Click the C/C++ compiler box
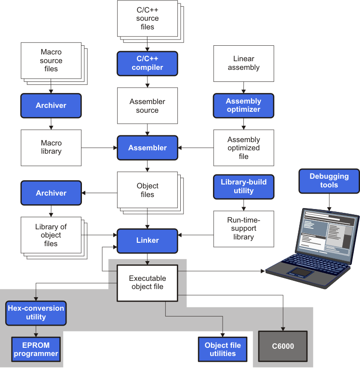(x=147, y=63)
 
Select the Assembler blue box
(x=147, y=148)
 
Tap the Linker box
(x=147, y=240)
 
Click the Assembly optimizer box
(x=243, y=105)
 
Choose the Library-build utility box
(x=243, y=186)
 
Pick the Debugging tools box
(x=329, y=181)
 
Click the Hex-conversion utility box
(x=36, y=313)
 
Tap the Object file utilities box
(x=223, y=349)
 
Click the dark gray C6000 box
(x=283, y=346)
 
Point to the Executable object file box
(x=147, y=283)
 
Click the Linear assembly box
(x=243, y=63)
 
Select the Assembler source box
(x=147, y=106)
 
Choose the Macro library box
(x=51, y=147)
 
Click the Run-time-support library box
(x=243, y=228)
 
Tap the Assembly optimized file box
(x=243, y=148)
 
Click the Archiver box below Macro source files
(x=51, y=105)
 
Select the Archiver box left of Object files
(x=51, y=193)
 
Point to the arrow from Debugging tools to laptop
(x=329, y=202)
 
